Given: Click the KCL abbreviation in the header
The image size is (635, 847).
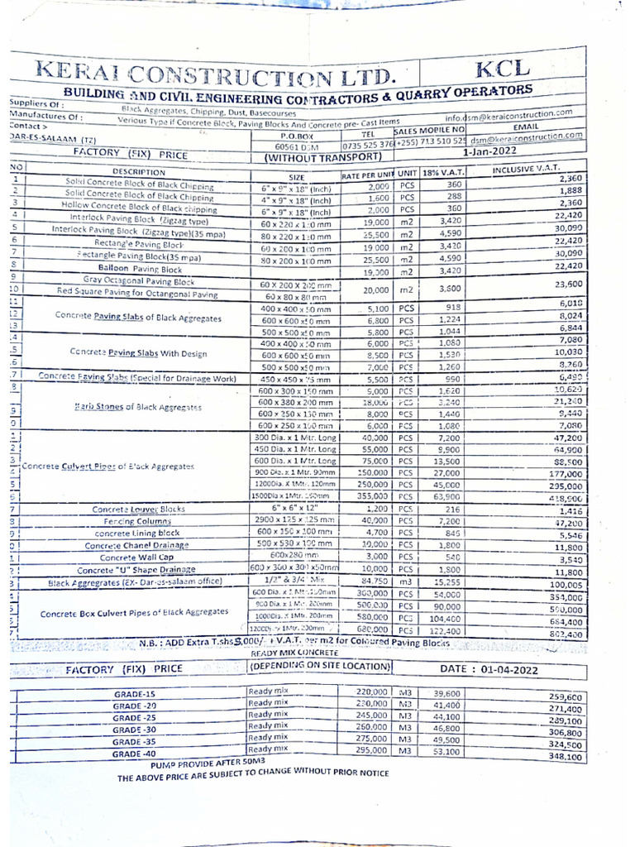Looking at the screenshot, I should tap(513, 69).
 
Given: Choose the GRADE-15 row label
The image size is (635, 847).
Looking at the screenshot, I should tap(135, 694).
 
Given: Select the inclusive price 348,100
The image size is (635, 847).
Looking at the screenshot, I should tap(565, 756).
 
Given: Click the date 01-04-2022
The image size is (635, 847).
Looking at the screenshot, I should tap(499, 668).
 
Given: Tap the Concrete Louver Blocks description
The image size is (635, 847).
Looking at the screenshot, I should tap(138, 510).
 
